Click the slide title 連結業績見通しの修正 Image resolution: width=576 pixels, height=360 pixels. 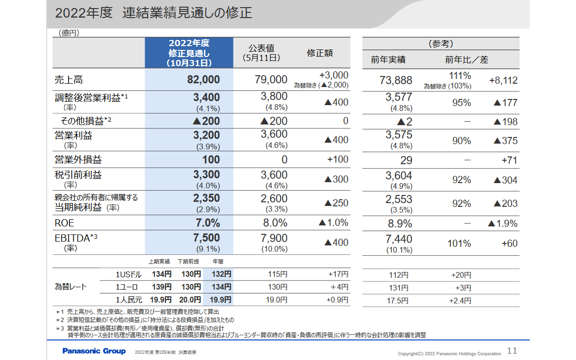pyautogui.click(x=186, y=13)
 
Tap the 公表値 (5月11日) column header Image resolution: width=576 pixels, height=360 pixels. pyautogui.click(x=261, y=53)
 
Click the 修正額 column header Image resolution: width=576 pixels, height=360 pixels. pyautogui.click(x=320, y=53)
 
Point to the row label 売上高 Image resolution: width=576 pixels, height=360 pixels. pyautogui.click(x=69, y=80)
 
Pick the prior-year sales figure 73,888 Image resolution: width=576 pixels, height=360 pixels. pyautogui.click(x=396, y=80)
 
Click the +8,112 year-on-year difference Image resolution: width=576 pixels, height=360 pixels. pyautogui.click(x=503, y=80)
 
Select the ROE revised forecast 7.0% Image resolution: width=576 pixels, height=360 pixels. pyautogui.click(x=207, y=223)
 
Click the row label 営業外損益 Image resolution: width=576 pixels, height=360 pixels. pyautogui.click(x=78, y=159)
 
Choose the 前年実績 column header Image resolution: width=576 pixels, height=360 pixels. pyautogui.click(x=388, y=60)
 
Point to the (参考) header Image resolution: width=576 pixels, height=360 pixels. pyautogui.click(x=440, y=44)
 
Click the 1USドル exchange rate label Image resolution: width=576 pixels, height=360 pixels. pyautogui.click(x=128, y=274)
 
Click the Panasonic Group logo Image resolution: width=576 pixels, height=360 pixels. pyautogui.click(x=94, y=351)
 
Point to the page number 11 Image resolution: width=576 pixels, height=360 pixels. pyautogui.click(x=512, y=351)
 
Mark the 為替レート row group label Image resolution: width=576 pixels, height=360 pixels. pyautogui.click(x=71, y=287)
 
